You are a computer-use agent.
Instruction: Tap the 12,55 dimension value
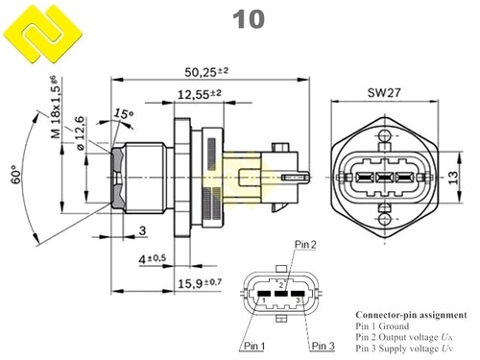click(x=201, y=93)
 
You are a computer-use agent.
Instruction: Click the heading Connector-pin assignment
click(x=411, y=315)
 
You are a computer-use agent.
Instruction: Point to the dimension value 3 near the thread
click(x=141, y=230)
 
